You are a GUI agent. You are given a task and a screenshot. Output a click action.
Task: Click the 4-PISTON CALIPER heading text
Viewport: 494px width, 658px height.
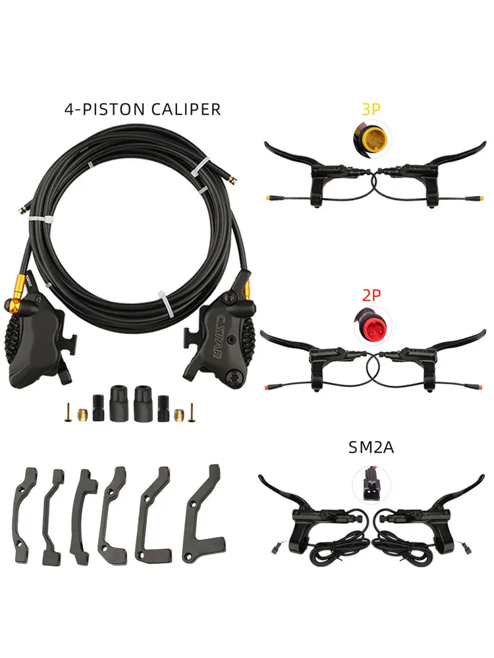[x=142, y=109]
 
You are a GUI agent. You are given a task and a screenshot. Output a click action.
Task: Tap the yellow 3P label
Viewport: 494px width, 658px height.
[x=371, y=109]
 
